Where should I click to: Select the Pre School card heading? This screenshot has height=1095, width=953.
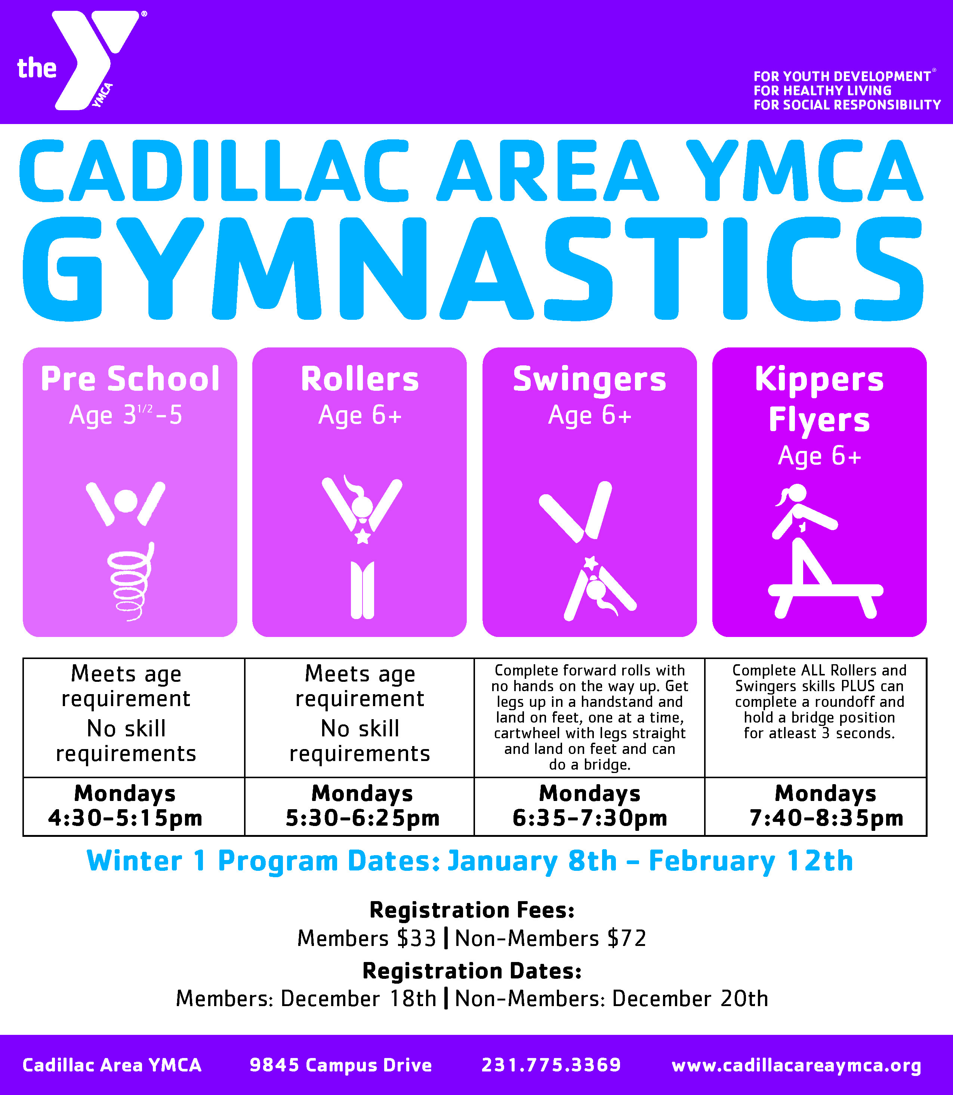coord(130,379)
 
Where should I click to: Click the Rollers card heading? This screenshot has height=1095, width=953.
coord(360,379)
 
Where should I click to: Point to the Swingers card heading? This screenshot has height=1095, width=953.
coord(589,379)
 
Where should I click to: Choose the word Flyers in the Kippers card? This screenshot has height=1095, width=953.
coord(819,420)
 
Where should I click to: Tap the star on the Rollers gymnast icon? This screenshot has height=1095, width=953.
coord(362,537)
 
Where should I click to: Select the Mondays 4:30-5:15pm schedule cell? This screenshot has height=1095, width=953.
coord(126,806)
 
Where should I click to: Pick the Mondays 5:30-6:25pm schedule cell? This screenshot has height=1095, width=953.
coord(362,806)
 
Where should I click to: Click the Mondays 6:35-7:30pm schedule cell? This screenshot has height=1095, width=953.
coord(589,806)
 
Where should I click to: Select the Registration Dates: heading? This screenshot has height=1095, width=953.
coord(472,971)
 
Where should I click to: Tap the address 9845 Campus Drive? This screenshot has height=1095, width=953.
coord(340,1065)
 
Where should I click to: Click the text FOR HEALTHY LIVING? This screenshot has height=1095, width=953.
coord(822,91)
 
